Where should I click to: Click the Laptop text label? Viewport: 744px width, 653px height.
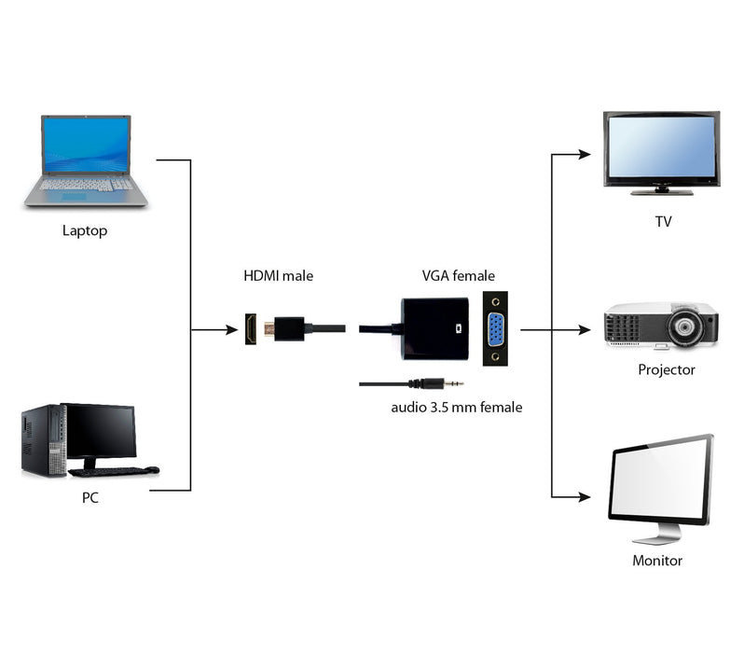(85, 230)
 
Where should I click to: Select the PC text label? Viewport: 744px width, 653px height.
(90, 498)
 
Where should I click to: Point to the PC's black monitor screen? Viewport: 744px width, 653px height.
(99, 431)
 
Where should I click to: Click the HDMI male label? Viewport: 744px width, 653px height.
(279, 276)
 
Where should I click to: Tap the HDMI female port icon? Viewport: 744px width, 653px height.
(251, 329)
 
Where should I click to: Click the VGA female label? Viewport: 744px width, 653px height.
(459, 276)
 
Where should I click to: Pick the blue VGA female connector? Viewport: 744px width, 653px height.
(495, 329)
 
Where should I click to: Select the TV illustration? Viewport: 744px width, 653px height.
(661, 152)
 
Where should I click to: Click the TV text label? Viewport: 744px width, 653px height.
(663, 222)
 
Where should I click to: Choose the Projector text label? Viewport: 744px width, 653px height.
(667, 369)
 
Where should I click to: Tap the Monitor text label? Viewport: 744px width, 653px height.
(657, 561)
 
